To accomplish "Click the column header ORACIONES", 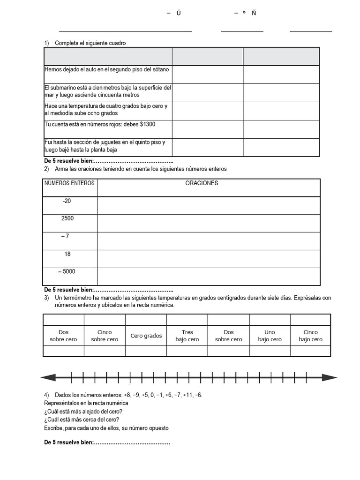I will (202, 183).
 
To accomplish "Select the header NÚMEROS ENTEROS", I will (70, 183).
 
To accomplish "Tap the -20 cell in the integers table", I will (67, 201).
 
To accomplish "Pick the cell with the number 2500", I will (67, 218).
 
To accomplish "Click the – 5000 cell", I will (67, 271).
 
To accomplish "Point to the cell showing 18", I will (67, 254).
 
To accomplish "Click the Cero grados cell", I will (146, 336).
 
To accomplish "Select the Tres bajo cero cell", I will (187, 336).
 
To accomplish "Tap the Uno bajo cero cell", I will (270, 336).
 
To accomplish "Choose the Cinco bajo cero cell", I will (310, 336).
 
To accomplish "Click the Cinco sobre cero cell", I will (105, 336).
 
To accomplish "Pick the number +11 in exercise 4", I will (185, 395).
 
